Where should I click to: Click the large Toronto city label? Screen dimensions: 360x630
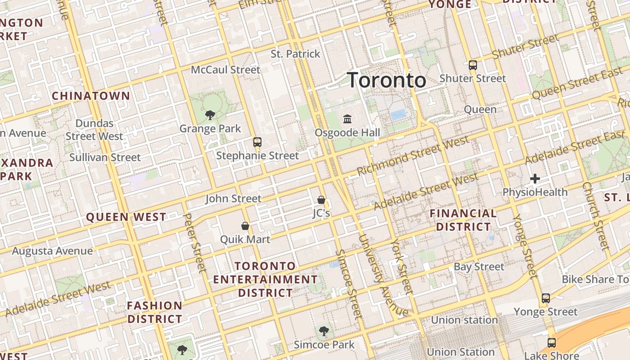click(387, 81)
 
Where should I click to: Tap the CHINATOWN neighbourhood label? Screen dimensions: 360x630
click(91, 96)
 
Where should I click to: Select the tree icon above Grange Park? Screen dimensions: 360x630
click(210, 115)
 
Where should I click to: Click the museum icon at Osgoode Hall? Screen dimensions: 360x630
click(347, 119)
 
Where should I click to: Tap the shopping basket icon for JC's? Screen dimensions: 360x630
click(321, 200)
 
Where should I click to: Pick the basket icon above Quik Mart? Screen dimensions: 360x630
click(245, 226)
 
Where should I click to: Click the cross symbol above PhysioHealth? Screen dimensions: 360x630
click(535, 179)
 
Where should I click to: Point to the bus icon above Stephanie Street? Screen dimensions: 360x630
click(257, 142)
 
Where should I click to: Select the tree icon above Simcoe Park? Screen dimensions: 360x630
click(324, 332)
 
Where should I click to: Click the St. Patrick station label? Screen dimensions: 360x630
click(295, 54)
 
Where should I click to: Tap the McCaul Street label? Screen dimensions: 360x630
click(225, 70)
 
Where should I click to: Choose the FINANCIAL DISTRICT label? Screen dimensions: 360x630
click(463, 220)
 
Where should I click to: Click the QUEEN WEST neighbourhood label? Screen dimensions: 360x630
click(126, 217)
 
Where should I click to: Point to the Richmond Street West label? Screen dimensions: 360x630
click(413, 156)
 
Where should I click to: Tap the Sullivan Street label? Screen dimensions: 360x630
click(105, 157)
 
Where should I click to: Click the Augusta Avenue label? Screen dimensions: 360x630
click(52, 251)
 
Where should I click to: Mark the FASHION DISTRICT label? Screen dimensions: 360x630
click(155, 312)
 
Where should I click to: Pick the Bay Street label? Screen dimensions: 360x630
click(479, 267)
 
